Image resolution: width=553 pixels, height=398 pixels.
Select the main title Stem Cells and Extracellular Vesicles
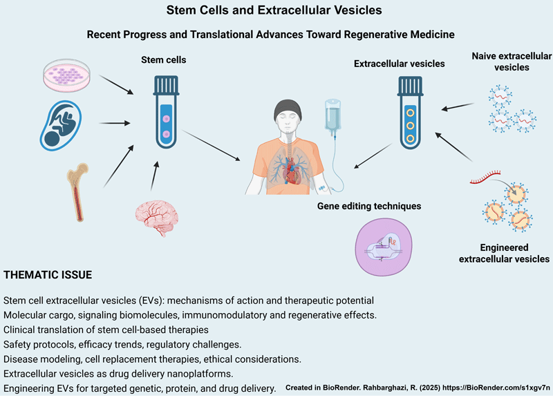coord(276,11)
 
